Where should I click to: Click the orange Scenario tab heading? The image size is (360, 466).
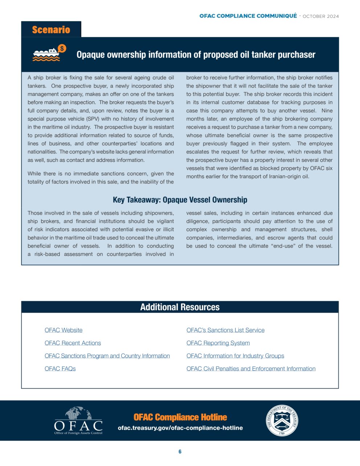(x=51, y=30)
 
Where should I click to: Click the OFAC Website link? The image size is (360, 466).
(x=64, y=330)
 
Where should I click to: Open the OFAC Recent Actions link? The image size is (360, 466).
(x=73, y=343)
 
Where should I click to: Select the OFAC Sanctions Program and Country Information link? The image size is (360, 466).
(x=107, y=356)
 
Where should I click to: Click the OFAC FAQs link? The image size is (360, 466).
(x=60, y=369)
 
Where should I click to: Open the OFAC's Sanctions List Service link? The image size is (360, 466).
(x=225, y=330)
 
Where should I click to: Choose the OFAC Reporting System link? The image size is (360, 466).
(x=218, y=343)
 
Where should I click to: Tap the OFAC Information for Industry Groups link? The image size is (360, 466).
(x=235, y=356)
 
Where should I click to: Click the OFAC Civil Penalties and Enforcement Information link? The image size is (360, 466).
(x=251, y=369)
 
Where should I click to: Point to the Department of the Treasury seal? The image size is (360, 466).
(x=282, y=420)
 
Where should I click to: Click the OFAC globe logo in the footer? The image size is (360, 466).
(x=78, y=420)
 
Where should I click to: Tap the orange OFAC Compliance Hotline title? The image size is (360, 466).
(x=180, y=417)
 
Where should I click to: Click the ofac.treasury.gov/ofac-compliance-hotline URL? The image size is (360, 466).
(x=180, y=428)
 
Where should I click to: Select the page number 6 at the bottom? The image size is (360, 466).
(x=180, y=451)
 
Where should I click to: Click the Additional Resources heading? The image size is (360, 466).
(x=180, y=307)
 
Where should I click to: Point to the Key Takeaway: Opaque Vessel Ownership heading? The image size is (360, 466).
(x=180, y=200)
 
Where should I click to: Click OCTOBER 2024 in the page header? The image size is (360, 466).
(x=320, y=16)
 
